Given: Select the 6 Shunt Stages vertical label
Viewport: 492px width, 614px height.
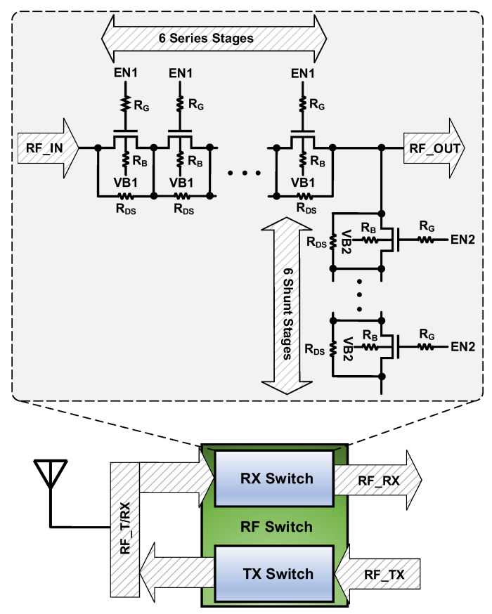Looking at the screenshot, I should tap(286, 306).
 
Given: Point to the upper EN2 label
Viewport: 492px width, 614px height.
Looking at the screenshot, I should tap(463, 240).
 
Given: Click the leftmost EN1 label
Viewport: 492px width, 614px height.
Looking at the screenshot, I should tap(126, 72).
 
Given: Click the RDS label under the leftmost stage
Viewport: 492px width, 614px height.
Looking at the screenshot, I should tap(127, 208).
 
